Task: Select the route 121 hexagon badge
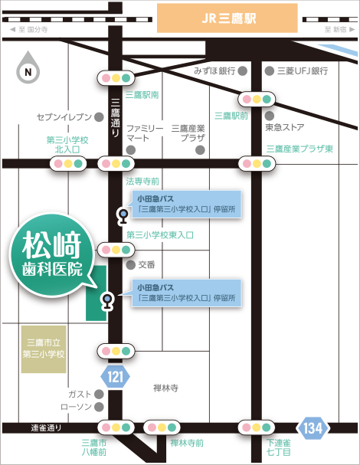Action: coord(114,376)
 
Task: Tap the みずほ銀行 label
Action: coord(214,70)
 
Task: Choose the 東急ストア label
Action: coord(286,126)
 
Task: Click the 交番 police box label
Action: coord(146,264)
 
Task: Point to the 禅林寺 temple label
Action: coord(165,388)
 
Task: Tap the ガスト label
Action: coord(80,392)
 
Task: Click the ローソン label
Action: coord(76,405)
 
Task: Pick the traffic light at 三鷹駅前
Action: coord(257,98)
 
